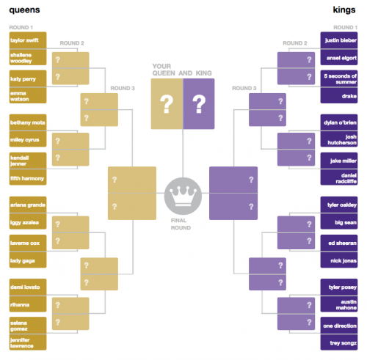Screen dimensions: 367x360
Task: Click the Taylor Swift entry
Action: coord(28,40)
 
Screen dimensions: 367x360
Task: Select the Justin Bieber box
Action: coord(339,40)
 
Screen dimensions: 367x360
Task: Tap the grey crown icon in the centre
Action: coord(183,196)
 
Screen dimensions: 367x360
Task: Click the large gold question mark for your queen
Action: coord(167,104)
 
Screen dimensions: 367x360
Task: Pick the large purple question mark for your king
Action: coord(199,104)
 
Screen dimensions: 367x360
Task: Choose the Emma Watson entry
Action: coord(28,95)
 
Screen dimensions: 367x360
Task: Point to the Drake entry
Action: coord(339,96)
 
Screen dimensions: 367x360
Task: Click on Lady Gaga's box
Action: coord(28,260)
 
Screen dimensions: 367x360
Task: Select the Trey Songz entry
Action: coord(339,342)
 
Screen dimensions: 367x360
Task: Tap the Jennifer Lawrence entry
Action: coord(28,342)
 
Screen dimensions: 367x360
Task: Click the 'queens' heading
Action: coord(24,10)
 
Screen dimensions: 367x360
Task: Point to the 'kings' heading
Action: coord(344,10)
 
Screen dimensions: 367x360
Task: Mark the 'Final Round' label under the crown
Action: coord(181,224)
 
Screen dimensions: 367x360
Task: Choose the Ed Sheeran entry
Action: coord(339,243)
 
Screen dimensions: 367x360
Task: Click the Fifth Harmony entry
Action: coord(28,177)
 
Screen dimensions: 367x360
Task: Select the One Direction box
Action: coord(339,326)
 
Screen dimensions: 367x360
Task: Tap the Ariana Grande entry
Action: coord(28,205)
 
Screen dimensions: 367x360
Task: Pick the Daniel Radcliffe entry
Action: coord(339,177)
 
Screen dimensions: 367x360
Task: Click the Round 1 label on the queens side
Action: coord(21,27)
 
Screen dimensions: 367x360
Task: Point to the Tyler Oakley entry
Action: coord(339,205)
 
